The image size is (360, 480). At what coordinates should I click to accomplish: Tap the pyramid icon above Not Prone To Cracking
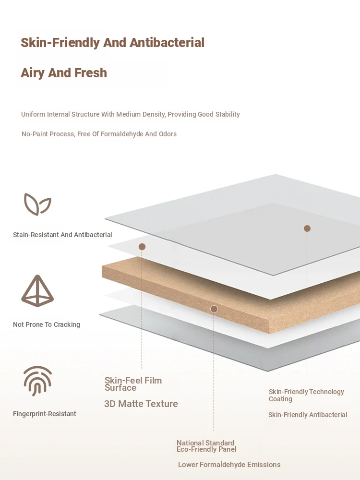pyautogui.click(x=37, y=291)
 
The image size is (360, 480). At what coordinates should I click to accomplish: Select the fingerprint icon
pyautogui.click(x=37, y=381)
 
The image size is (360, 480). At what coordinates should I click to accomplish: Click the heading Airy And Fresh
pyautogui.click(x=64, y=73)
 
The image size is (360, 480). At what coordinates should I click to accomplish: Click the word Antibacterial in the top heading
pyautogui.click(x=167, y=43)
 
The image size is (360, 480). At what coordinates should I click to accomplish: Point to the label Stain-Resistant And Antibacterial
pyautogui.click(x=62, y=235)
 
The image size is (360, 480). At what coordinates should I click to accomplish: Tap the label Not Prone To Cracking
pyautogui.click(x=47, y=324)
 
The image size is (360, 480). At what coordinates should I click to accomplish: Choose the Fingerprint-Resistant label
pyautogui.click(x=44, y=414)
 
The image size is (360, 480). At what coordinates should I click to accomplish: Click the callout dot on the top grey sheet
pyautogui.click(x=307, y=228)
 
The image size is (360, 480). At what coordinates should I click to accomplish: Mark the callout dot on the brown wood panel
pyautogui.click(x=214, y=309)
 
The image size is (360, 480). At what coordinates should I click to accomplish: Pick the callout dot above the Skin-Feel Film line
pyautogui.click(x=142, y=247)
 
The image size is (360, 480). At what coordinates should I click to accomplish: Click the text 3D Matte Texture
pyautogui.click(x=141, y=404)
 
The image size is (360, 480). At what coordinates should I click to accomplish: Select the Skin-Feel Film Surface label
pyautogui.click(x=133, y=384)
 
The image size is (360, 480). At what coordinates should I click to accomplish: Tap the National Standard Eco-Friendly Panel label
pyautogui.click(x=206, y=446)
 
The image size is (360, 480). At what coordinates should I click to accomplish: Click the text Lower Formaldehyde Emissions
pyautogui.click(x=229, y=465)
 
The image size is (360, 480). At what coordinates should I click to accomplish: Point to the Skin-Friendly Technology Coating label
pyautogui.click(x=306, y=395)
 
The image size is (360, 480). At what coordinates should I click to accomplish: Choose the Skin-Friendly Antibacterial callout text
pyautogui.click(x=308, y=415)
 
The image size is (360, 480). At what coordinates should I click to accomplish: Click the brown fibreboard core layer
pyautogui.click(x=233, y=294)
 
